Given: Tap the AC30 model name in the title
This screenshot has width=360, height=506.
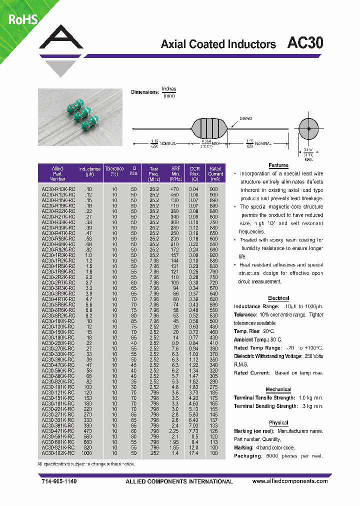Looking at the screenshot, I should (x=305, y=43).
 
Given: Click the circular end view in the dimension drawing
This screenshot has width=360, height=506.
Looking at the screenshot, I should (x=309, y=129).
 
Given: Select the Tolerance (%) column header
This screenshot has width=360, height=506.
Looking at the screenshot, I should (x=114, y=171).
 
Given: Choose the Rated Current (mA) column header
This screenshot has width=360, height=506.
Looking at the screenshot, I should (x=215, y=173).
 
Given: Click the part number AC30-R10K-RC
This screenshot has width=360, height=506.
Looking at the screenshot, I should (x=58, y=188).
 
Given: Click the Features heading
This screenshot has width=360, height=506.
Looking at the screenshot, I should (x=278, y=165).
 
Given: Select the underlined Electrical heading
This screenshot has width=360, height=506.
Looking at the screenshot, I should (x=278, y=297).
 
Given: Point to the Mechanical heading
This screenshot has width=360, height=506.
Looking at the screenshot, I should (x=278, y=389).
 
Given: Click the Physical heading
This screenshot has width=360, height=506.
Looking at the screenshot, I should (x=278, y=423).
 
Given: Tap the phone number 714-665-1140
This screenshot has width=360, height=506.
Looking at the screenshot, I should (x=59, y=481).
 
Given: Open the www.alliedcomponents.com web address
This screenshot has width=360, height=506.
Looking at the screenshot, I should (x=290, y=481).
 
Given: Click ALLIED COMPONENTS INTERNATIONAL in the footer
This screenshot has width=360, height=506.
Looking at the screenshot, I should (x=179, y=481).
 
